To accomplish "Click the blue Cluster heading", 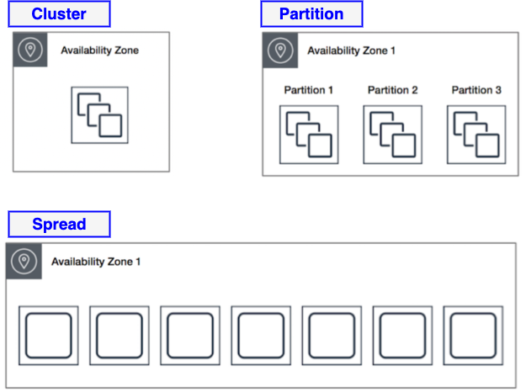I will pyautogui.click(x=59, y=14).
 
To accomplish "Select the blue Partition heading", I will pyautogui.click(x=311, y=14).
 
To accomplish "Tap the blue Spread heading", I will pyautogui.click(x=59, y=224).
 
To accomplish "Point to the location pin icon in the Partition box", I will pyautogui.click(x=280, y=50).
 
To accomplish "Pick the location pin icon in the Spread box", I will pyautogui.click(x=24, y=262).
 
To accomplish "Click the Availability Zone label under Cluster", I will pyautogui.click(x=99, y=50).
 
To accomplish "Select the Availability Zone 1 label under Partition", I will pyautogui.click(x=351, y=50).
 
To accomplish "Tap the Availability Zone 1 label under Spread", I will pyautogui.click(x=96, y=262).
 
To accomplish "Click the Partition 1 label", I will pyautogui.click(x=308, y=90).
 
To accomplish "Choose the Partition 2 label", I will pyautogui.click(x=392, y=90).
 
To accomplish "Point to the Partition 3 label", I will pyautogui.click(x=476, y=90).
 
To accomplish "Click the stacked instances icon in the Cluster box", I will pyautogui.click(x=100, y=115).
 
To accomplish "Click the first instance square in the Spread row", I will pyautogui.click(x=48, y=336).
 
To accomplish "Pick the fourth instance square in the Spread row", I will pyautogui.click(x=261, y=336).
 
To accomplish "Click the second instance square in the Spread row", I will pyautogui.click(x=119, y=336).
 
